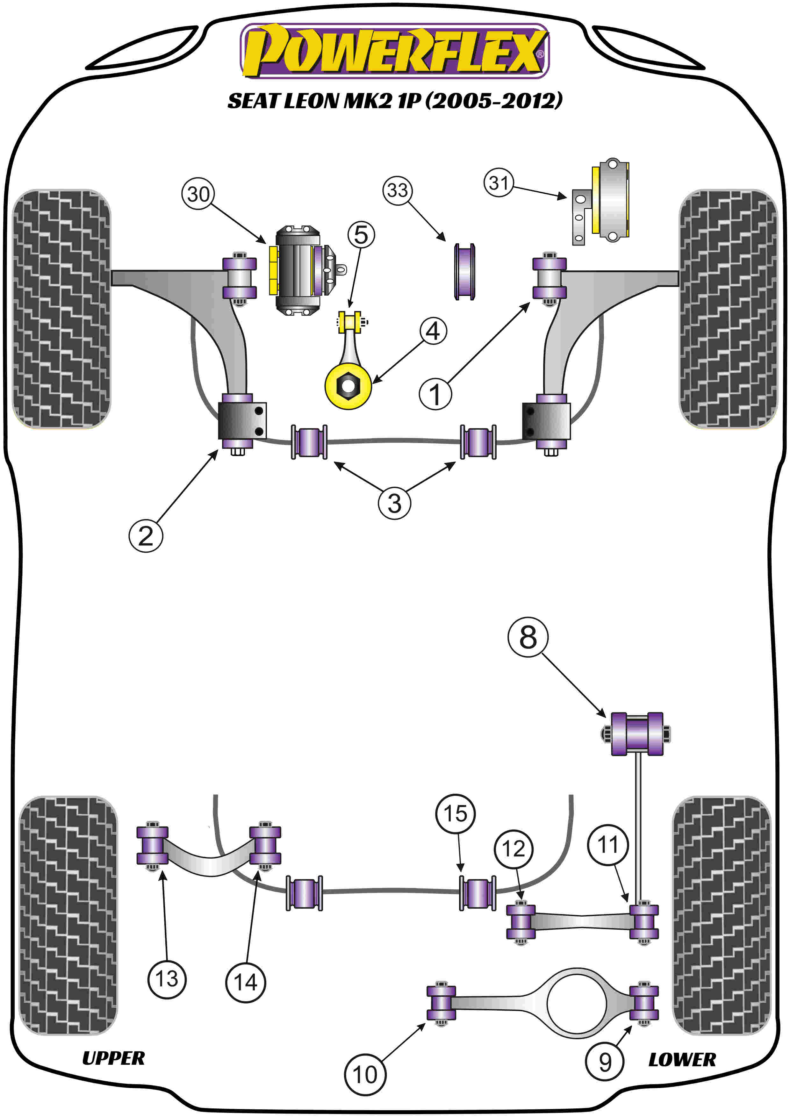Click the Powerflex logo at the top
394,51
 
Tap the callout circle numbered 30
198,194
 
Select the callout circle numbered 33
398,190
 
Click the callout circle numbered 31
499,183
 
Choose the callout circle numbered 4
433,331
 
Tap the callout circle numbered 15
455,813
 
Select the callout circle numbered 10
365,1075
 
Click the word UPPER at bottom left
113,1058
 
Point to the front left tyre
61,309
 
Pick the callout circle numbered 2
146,536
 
